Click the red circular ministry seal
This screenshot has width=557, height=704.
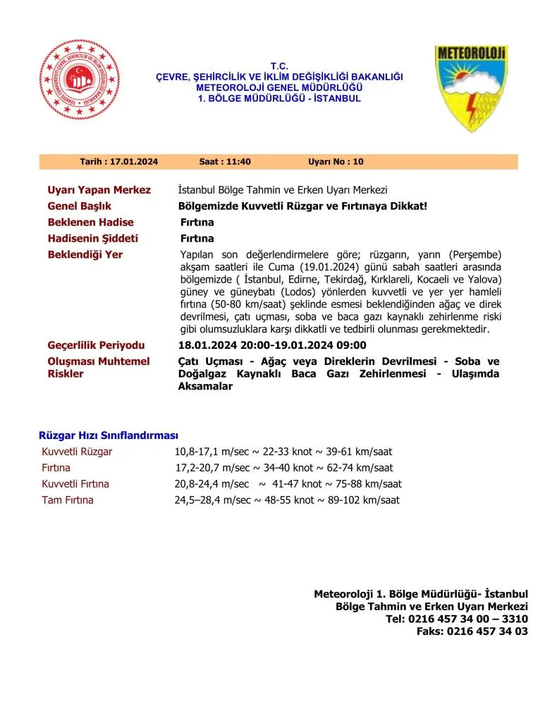pos(80,80)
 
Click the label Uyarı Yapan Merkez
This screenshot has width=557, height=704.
pos(99,190)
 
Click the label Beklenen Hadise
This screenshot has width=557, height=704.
pos(90,223)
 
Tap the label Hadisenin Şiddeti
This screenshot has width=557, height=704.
pos(92,238)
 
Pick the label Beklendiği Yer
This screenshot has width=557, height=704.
pos(85,254)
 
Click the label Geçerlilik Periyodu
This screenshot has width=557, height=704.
pos(96,345)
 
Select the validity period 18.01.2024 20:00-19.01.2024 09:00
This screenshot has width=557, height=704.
pos(273,345)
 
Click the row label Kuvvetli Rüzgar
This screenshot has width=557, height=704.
pos(77,451)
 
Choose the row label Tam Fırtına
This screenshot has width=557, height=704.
pos(68,500)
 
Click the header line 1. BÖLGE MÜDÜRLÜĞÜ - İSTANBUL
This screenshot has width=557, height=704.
pos(280,99)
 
